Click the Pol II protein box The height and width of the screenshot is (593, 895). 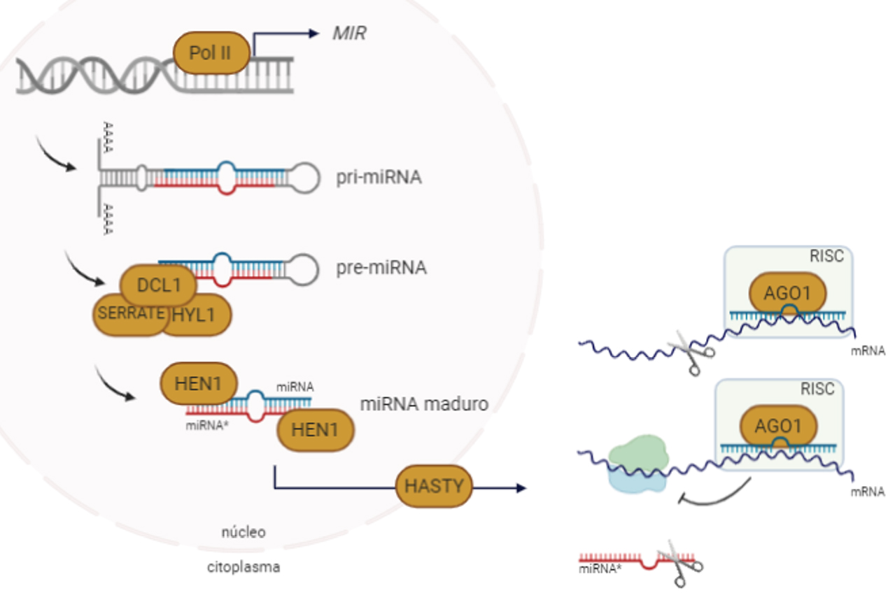point(210,53)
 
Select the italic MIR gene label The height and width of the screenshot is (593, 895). point(348,33)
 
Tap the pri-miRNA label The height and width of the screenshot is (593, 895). point(379,177)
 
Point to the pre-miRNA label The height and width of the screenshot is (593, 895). point(381,268)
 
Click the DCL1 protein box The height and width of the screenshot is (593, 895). point(158,285)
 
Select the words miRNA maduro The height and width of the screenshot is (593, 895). point(424,404)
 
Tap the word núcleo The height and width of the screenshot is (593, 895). point(244,532)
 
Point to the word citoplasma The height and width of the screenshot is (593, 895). point(244,567)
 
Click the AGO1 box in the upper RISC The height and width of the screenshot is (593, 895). point(788,292)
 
